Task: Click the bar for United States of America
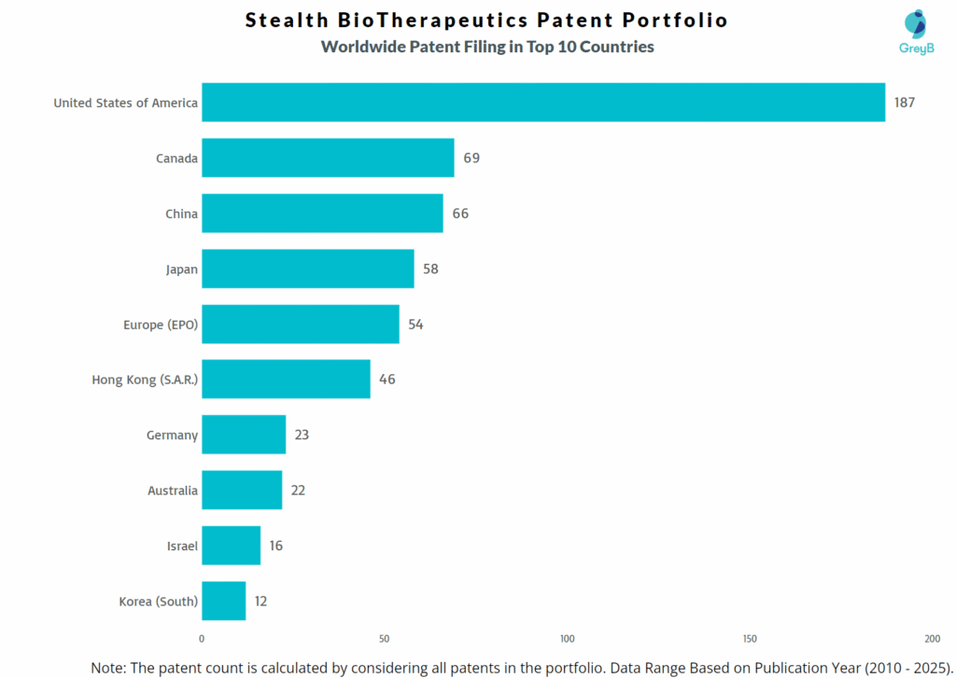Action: coord(542,103)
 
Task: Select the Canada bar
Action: coord(328,158)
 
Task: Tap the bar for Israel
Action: coord(231,546)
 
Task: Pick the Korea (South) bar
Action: coord(223,601)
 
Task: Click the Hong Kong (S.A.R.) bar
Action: coord(286,380)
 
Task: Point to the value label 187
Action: coord(904,103)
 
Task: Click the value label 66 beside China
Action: coord(460,214)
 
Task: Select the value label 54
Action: coord(415,325)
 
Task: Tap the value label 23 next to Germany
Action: coord(301,435)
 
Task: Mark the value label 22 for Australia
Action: coord(297,491)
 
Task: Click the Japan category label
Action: coord(181,270)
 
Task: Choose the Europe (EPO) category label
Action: coord(161,325)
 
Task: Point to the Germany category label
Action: coord(172,436)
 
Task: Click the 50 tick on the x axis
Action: coord(385,639)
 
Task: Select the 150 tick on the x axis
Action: coord(750,639)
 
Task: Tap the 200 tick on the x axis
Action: coord(932,639)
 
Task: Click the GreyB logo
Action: coord(916,32)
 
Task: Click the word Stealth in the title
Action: coord(285,20)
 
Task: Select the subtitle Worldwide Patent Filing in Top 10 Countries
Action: coord(487,47)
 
